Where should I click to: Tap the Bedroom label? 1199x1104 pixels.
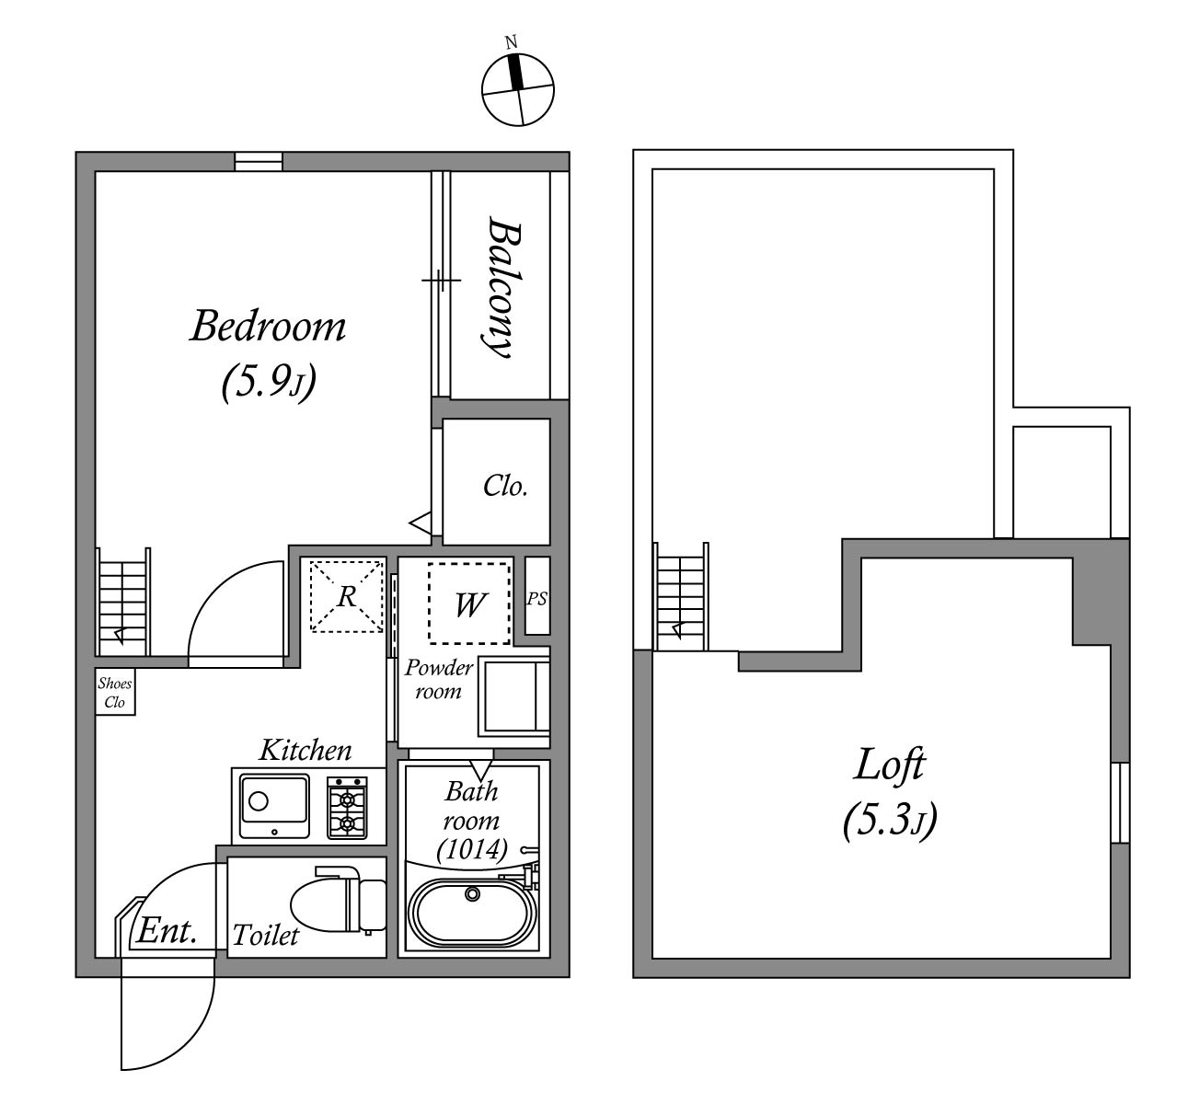(x=268, y=327)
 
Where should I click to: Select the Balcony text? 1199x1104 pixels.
(x=503, y=287)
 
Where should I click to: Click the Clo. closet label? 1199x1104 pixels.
(x=505, y=486)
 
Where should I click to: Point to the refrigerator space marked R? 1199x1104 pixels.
(x=346, y=596)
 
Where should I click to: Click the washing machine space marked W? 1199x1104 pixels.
(x=469, y=604)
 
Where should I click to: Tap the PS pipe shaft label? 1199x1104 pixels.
(x=536, y=598)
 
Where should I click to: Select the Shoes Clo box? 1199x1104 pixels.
(x=115, y=692)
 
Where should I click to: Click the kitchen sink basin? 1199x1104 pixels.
(x=274, y=807)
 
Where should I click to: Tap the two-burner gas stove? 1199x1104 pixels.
(x=347, y=807)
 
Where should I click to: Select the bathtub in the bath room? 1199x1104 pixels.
(x=471, y=913)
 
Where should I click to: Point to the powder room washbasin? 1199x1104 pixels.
(x=514, y=697)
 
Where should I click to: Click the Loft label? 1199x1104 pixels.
(x=890, y=765)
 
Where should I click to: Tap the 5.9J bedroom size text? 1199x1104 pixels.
(x=269, y=382)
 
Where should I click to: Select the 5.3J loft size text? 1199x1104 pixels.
(x=890, y=821)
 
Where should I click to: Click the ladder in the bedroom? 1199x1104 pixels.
(x=123, y=602)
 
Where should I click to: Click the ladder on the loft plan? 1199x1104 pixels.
(x=681, y=596)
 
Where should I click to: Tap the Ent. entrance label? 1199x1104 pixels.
(x=167, y=931)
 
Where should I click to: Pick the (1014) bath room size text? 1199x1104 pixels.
(x=472, y=849)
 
